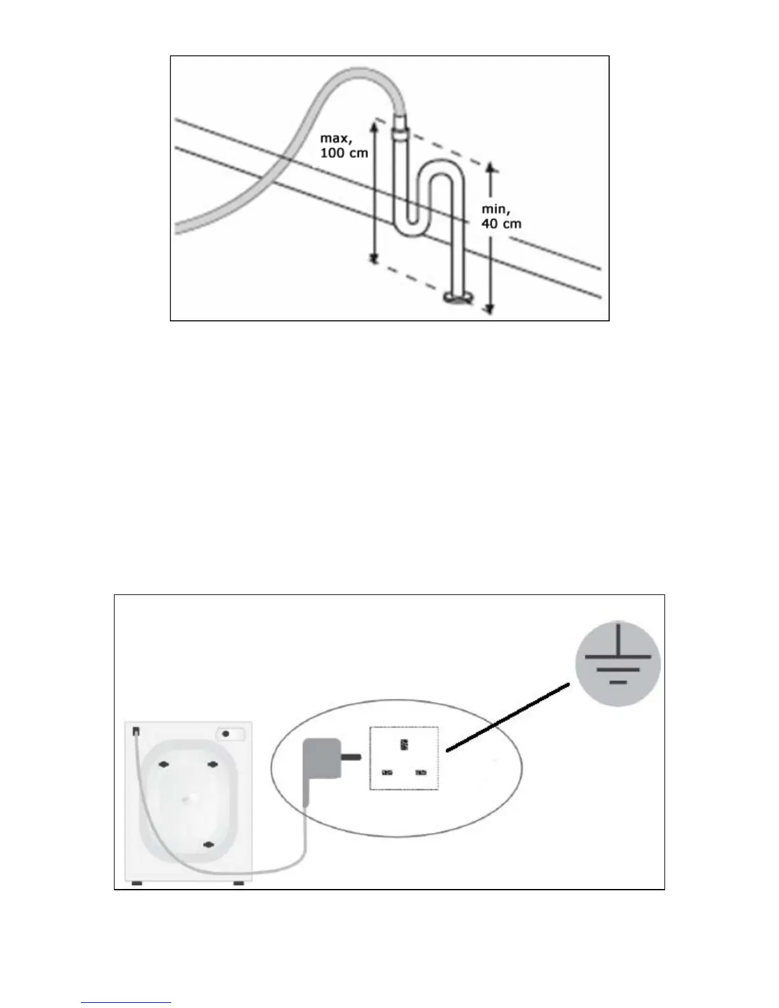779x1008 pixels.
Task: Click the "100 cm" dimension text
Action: (344, 153)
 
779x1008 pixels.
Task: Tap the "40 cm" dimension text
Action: (502, 223)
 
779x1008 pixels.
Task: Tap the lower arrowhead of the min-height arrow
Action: (489, 309)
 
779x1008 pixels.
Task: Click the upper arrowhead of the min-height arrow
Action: (490, 167)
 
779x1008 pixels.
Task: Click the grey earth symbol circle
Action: (617, 664)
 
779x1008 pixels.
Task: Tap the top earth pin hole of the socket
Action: (404, 744)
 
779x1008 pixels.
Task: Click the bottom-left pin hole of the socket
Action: (386, 773)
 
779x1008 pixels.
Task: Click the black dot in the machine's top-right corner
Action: (225, 734)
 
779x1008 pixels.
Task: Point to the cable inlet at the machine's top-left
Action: (136, 732)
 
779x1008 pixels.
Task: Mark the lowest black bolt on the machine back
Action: (207, 844)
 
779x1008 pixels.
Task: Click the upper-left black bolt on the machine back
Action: (163, 764)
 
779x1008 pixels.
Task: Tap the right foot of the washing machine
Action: (239, 883)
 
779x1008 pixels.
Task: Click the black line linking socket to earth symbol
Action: (507, 718)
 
